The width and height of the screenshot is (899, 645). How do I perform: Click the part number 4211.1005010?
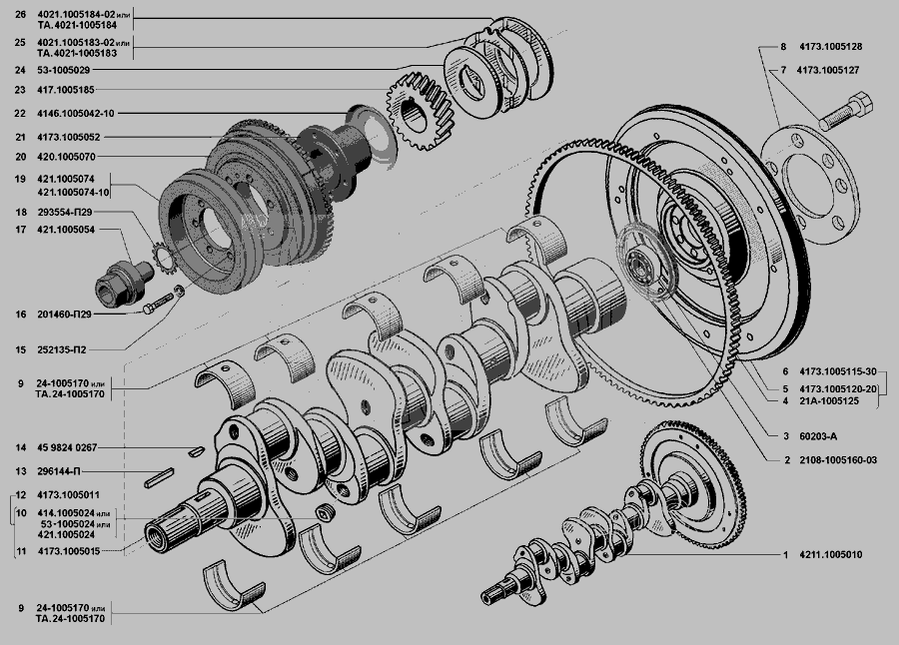[x=831, y=555]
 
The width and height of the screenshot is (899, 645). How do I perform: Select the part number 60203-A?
[x=818, y=436]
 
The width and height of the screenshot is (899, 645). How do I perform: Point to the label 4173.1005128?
[x=831, y=47]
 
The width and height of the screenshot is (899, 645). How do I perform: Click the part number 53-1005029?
[x=64, y=70]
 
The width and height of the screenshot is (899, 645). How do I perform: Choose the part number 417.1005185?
[x=66, y=90]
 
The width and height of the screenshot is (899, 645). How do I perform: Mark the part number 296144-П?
[x=59, y=472]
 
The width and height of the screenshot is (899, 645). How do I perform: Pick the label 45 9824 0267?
[x=67, y=447]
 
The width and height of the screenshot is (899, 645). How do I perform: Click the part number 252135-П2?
[x=62, y=349]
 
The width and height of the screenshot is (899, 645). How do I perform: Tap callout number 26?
[x=21, y=14]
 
